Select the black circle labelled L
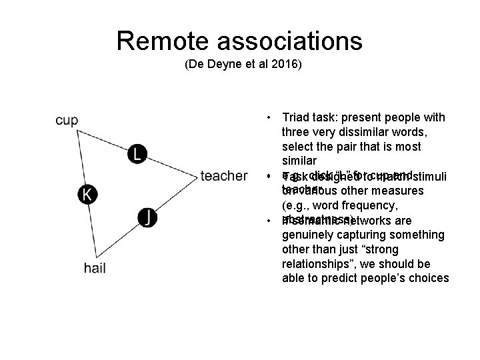(x=137, y=154)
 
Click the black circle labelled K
(x=87, y=194)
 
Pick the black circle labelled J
(x=148, y=216)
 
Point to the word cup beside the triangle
(x=67, y=121)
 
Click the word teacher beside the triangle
(x=224, y=176)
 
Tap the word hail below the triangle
(x=95, y=268)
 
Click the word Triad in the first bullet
(x=297, y=118)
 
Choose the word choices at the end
(x=424, y=278)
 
